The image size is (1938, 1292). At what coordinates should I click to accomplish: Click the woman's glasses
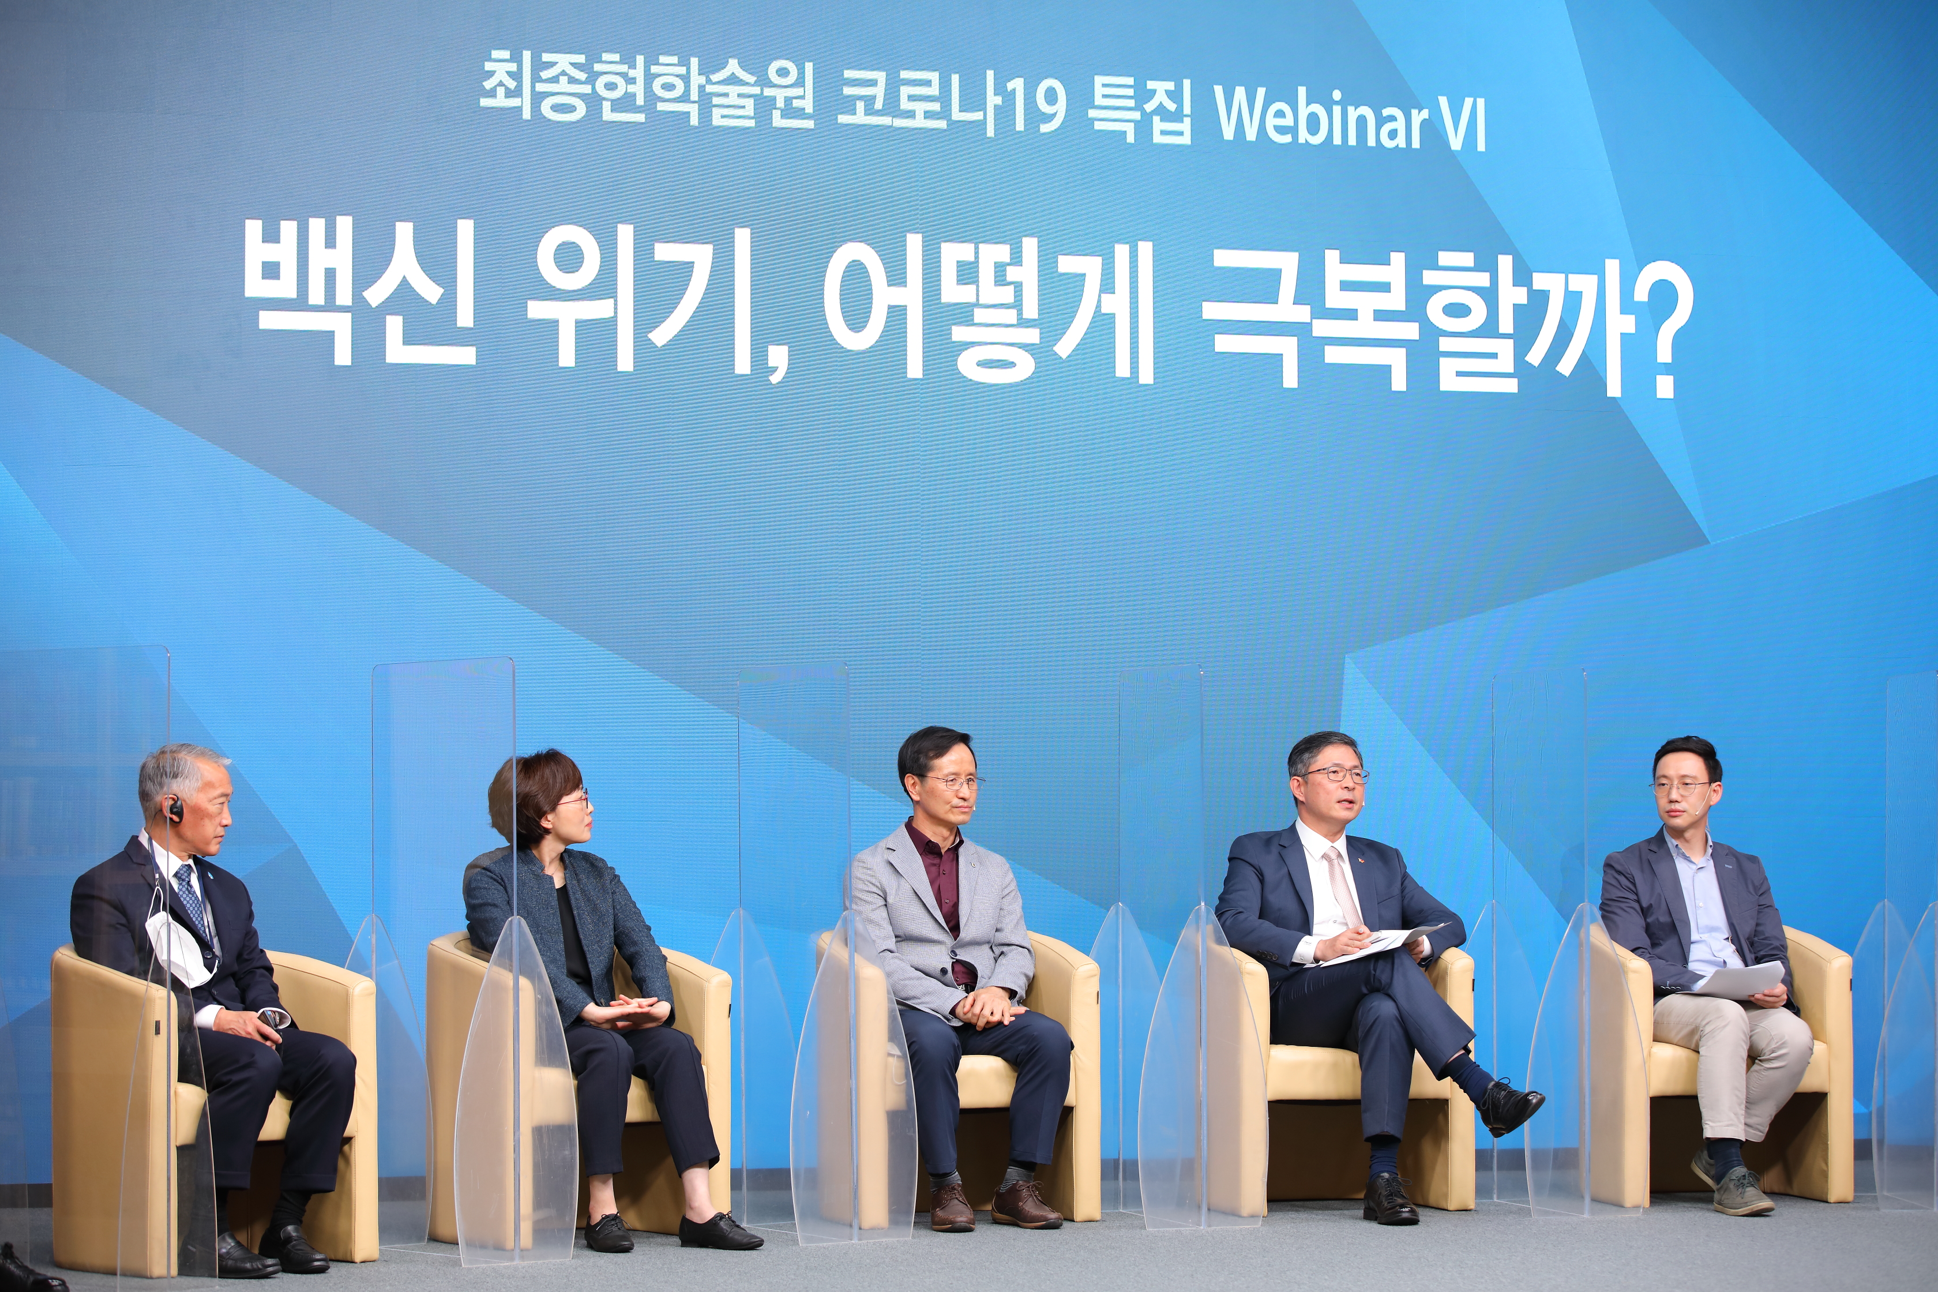click(x=574, y=800)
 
